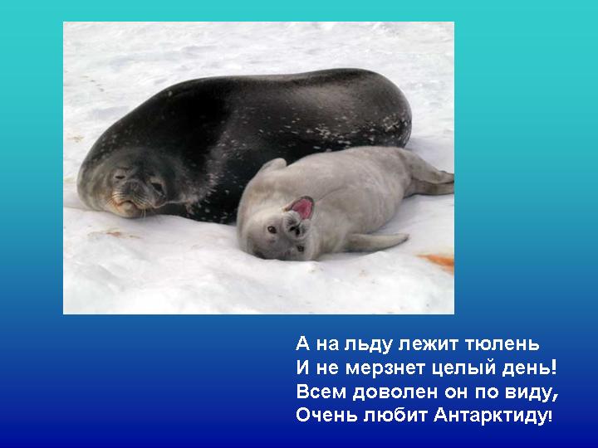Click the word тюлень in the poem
pos(502,344)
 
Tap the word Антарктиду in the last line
pos(491,416)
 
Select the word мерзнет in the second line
pos(385,368)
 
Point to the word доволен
pos(395,392)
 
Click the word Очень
pos(326,416)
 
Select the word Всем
pos(321,392)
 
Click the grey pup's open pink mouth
pos(302,207)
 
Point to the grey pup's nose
pos(295,228)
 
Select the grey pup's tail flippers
pos(432,178)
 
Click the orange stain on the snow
pos(438,262)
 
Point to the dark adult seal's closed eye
pos(120,177)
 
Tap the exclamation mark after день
pos(554,368)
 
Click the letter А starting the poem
pos(303,344)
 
